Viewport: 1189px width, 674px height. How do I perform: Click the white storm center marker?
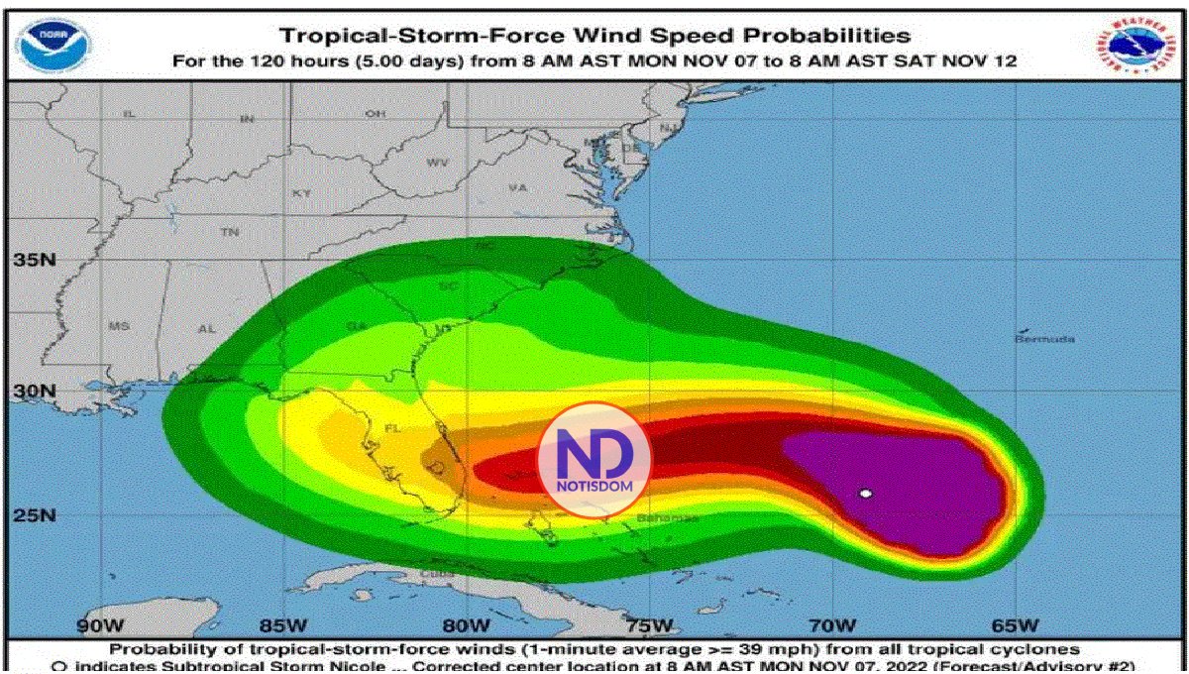(x=866, y=494)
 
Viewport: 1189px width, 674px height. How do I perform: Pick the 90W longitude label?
(x=100, y=625)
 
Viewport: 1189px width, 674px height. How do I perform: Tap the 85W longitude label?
(x=282, y=625)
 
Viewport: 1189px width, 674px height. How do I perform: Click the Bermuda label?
(x=1044, y=339)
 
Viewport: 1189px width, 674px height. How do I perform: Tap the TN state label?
(x=230, y=232)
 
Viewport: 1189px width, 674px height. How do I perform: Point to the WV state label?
(x=437, y=162)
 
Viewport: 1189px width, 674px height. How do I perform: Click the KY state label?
(x=301, y=193)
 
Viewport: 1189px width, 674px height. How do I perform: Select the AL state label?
(x=207, y=328)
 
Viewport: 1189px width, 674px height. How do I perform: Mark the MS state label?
(x=119, y=326)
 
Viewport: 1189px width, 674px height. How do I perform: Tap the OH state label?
(x=375, y=114)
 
